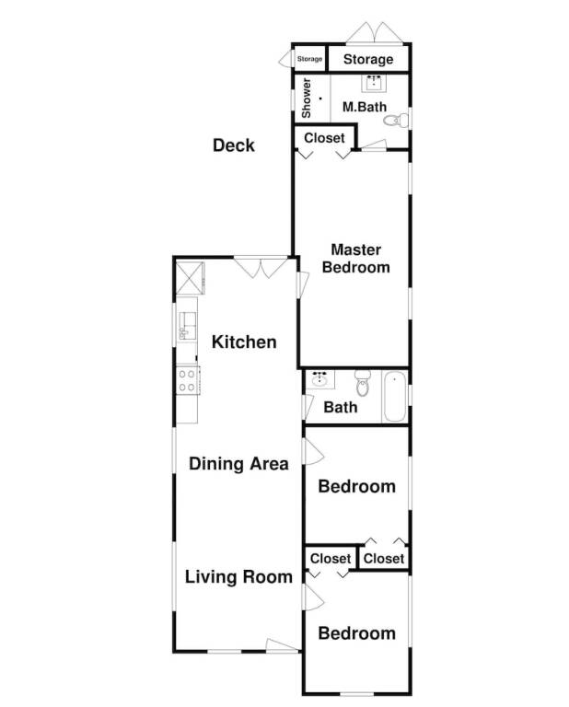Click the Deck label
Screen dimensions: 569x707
click(x=234, y=145)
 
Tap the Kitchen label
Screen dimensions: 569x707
click(x=244, y=342)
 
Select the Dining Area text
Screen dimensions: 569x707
click(x=238, y=464)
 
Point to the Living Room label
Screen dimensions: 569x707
click(x=238, y=576)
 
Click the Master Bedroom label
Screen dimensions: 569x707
click(x=355, y=259)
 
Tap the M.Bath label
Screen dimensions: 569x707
click(x=365, y=107)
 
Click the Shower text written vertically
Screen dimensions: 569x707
click(x=307, y=99)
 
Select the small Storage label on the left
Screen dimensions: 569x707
click(x=309, y=59)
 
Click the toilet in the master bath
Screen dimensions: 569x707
click(x=396, y=121)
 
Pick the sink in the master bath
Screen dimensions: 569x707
click(x=373, y=83)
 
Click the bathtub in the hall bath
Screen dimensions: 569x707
click(x=395, y=397)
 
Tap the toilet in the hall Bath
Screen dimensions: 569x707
click(x=362, y=383)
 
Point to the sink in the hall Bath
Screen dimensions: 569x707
click(x=320, y=379)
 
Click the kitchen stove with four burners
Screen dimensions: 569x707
click(x=188, y=380)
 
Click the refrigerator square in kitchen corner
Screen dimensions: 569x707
click(x=189, y=278)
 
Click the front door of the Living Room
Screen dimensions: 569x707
click(x=283, y=645)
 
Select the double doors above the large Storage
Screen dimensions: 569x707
click(x=374, y=33)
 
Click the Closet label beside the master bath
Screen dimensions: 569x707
click(x=324, y=138)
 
